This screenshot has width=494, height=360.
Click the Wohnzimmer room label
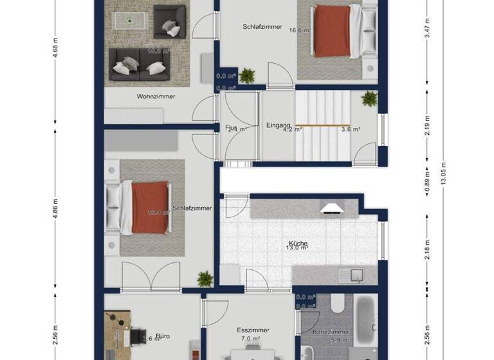tap(156, 96)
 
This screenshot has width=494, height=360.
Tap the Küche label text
tap(298, 244)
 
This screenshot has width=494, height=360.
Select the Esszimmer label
tap(252, 330)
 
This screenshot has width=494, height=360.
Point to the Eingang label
tap(279, 125)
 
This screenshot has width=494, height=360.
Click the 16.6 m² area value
tap(300, 30)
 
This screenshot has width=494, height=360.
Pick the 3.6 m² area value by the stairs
tap(350, 129)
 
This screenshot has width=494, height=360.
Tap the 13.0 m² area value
tap(298, 249)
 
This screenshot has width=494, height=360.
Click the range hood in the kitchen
tap(331, 208)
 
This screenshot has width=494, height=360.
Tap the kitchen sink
tap(352, 275)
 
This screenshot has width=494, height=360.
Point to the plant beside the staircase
tap(369, 99)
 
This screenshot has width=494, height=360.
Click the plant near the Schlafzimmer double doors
tap(205, 278)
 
